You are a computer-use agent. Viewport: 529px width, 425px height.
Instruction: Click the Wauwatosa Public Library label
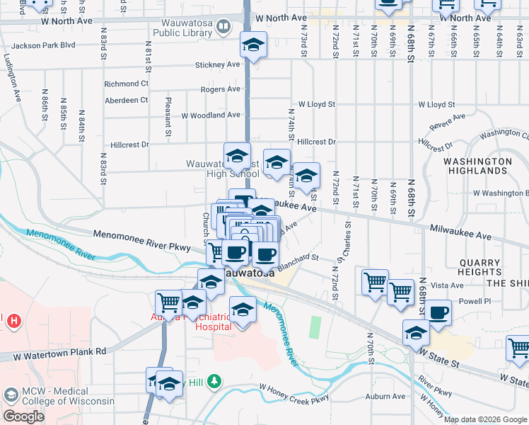pos(182,28)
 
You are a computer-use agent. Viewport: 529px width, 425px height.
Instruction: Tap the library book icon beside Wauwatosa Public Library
pos(224,28)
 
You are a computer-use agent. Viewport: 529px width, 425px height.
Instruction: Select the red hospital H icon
pos(13,322)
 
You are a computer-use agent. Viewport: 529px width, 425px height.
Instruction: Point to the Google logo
pos(23,416)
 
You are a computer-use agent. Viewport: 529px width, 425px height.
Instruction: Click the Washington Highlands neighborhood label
pos(477,166)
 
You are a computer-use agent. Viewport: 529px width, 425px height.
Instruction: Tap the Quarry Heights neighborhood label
pos(479,267)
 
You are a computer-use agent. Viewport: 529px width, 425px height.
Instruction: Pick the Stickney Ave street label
pos(218,64)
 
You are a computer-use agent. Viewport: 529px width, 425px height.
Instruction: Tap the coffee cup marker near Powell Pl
pos(438,312)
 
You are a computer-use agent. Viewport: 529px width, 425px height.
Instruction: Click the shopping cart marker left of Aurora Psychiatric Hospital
pos(169,302)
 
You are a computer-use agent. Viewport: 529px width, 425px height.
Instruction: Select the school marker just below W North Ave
pos(253,45)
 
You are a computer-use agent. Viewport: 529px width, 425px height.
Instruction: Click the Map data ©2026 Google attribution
pos(485,419)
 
